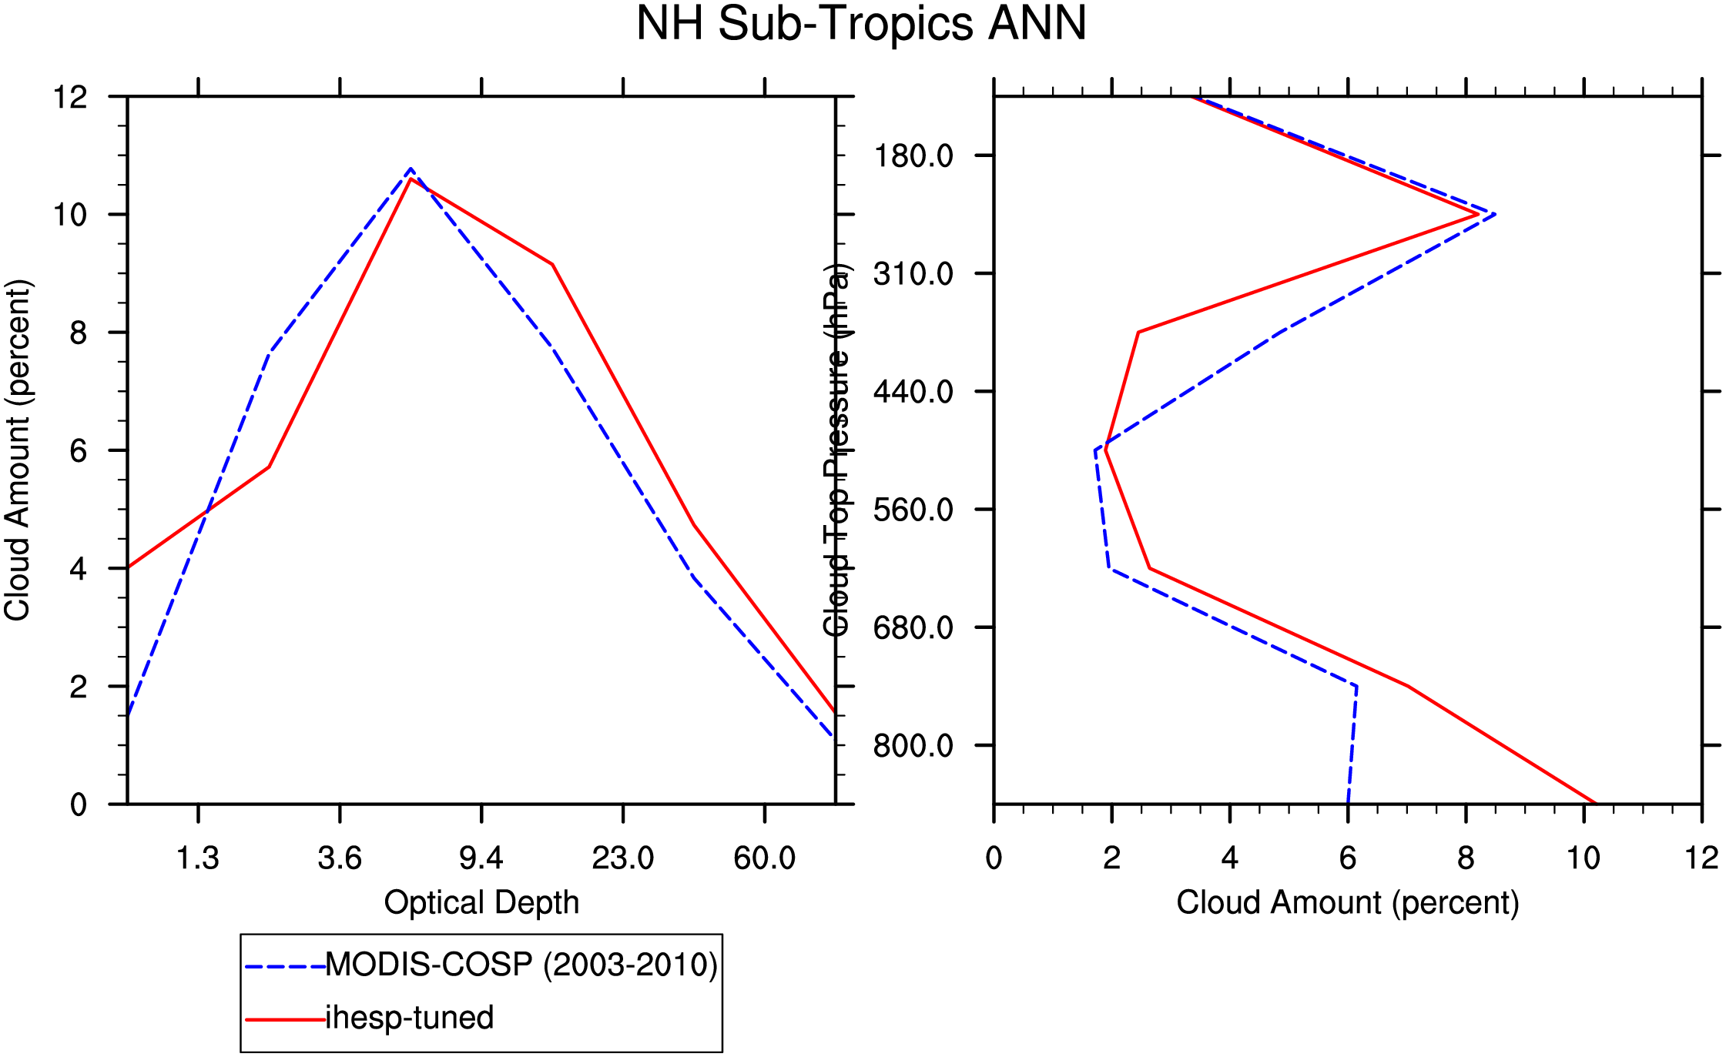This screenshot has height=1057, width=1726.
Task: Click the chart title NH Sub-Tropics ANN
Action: pos(861,23)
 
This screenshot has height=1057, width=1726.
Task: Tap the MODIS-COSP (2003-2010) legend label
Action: pos(521,965)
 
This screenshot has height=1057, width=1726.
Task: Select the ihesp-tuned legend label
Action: pos(410,1018)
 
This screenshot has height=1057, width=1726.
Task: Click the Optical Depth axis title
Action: pos(481,902)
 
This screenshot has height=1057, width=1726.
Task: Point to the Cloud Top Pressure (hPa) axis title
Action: pos(837,450)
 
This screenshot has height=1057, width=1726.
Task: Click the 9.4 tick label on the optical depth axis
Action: pos(481,858)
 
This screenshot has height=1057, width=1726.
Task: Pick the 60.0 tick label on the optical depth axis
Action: pos(764,858)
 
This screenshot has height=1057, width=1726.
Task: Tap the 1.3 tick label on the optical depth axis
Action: pos(198,858)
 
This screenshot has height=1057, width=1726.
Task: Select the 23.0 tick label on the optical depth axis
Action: pos(622,858)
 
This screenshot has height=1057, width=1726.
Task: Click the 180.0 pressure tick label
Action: pos(913,156)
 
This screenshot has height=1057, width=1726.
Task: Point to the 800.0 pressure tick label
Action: pos(913,745)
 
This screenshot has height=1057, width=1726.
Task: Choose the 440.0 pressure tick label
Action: pos(913,392)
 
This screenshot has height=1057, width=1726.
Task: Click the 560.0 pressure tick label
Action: pos(913,510)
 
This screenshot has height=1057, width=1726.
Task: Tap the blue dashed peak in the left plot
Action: pos(411,169)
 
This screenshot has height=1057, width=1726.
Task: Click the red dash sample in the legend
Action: pos(286,1019)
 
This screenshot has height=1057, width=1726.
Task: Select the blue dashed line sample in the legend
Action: pos(286,965)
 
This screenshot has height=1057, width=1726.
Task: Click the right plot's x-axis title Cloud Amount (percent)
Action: pos(1348,902)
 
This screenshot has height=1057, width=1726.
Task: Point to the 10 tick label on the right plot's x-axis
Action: pos(1584,858)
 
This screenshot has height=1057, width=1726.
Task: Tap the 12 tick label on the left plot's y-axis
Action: pos(70,97)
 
